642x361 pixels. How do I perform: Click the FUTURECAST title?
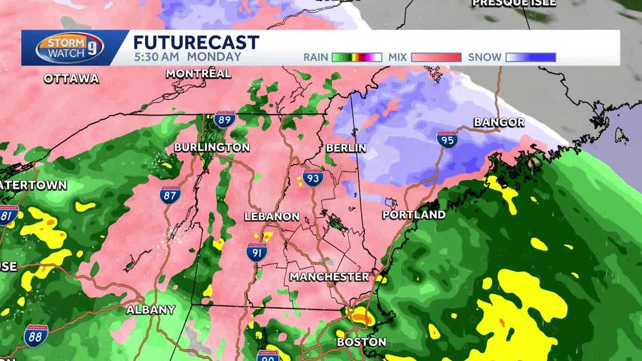coord(196,42)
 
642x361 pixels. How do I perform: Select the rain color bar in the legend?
coord(357,57)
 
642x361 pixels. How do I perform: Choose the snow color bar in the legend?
coord(531,57)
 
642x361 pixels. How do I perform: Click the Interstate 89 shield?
coord(225,119)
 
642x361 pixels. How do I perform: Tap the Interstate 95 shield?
coord(447,140)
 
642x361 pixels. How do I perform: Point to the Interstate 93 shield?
coord(312,177)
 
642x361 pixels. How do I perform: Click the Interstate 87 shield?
coord(170,195)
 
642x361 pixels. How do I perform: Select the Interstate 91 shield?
coord(257,252)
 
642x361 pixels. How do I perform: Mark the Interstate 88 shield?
coord(36,336)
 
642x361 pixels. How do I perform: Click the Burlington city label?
coord(212,147)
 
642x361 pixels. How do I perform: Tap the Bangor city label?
coord(499,122)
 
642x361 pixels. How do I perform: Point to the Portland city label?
coord(414,215)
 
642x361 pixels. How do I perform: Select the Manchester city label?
coord(329,277)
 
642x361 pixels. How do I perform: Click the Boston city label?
coord(361,342)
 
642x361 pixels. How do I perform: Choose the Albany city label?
coord(151,310)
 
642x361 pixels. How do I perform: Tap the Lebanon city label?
coord(271,217)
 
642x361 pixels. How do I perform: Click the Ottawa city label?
coord(71,79)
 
